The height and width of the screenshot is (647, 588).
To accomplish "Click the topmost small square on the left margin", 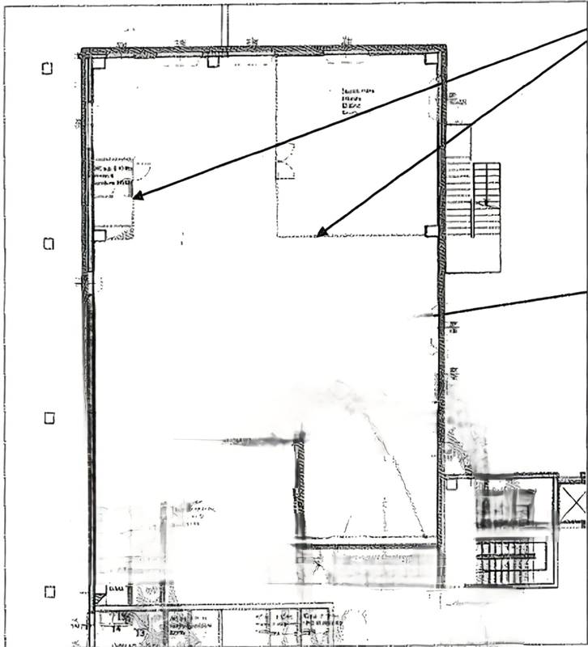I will click(x=47, y=69).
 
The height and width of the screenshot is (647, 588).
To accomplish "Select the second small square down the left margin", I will click(x=48, y=243).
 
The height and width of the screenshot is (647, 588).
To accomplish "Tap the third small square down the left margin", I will click(x=49, y=417).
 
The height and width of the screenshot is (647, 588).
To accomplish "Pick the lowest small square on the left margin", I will click(x=49, y=591).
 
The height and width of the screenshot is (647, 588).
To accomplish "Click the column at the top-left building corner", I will click(x=98, y=62).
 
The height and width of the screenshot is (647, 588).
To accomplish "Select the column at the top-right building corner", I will click(x=432, y=58).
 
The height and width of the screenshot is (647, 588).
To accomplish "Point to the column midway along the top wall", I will click(x=214, y=60).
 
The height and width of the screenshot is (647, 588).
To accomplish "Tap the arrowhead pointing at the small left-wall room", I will click(x=138, y=195).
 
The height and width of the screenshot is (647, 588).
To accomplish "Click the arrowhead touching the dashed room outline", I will click(x=322, y=232).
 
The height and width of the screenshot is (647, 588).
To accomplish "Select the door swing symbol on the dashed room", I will click(x=284, y=161).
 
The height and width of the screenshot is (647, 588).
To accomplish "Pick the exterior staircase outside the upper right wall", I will click(x=474, y=198).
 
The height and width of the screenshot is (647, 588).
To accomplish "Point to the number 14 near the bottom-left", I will click(x=117, y=628).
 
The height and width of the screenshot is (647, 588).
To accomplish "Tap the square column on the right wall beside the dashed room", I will click(x=431, y=230).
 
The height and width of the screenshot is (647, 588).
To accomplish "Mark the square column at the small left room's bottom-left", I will click(x=100, y=235).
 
